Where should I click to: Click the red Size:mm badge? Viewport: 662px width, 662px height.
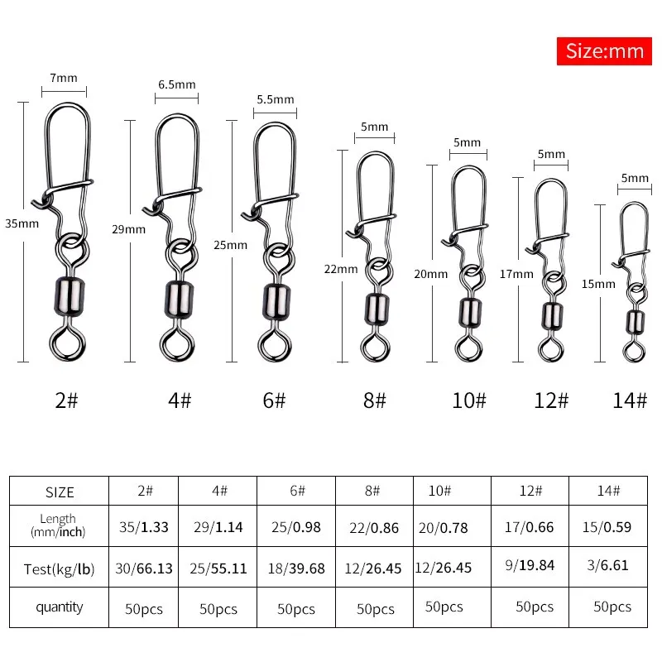point(604,50)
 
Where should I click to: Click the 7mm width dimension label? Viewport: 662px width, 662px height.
point(64,79)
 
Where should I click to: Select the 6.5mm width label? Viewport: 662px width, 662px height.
point(176,84)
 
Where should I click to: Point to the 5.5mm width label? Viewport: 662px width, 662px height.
point(275,99)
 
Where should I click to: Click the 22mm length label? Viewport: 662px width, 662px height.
point(342,269)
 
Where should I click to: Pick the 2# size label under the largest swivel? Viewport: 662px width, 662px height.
point(66,401)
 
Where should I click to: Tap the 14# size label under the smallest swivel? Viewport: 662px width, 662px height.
point(630,401)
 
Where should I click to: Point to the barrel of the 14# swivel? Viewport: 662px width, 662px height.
point(634,321)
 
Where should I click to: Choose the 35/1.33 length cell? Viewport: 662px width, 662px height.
point(145,526)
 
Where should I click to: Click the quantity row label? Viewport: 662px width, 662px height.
point(59,607)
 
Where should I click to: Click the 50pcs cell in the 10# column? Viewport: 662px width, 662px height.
point(444,607)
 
